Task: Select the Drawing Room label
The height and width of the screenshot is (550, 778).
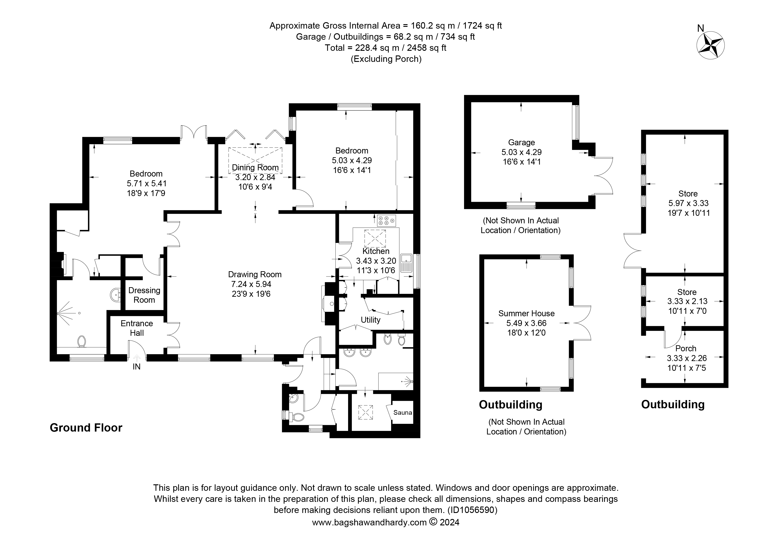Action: pos(255,275)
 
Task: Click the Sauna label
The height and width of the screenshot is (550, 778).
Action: pos(403,412)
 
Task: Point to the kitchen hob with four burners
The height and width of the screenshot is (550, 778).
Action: pos(386,221)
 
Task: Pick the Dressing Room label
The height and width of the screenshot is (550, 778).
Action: pos(144,295)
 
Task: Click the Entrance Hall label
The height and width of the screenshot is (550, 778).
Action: pos(137,328)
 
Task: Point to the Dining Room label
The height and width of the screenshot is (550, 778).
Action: pos(255,167)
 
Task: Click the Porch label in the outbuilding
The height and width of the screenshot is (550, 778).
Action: pos(686,348)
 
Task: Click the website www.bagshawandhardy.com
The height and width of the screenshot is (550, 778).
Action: pos(369,522)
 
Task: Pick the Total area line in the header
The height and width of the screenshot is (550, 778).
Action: pos(386,48)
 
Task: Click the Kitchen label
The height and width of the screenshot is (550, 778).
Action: pos(376,251)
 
